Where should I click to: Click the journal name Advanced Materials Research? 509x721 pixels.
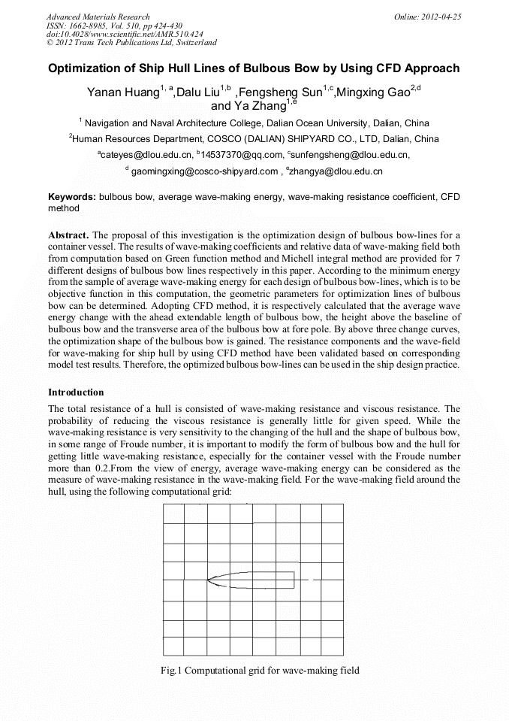click(x=98, y=17)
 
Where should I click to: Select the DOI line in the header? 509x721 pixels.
click(x=125, y=34)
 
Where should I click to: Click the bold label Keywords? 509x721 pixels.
click(x=72, y=197)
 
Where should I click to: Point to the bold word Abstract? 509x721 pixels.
click(x=69, y=235)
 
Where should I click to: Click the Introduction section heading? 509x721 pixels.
click(x=76, y=392)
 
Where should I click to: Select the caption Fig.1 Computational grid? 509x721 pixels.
click(x=260, y=670)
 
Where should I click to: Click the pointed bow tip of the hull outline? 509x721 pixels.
click(x=207, y=580)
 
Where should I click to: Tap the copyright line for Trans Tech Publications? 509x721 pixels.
click(x=131, y=43)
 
